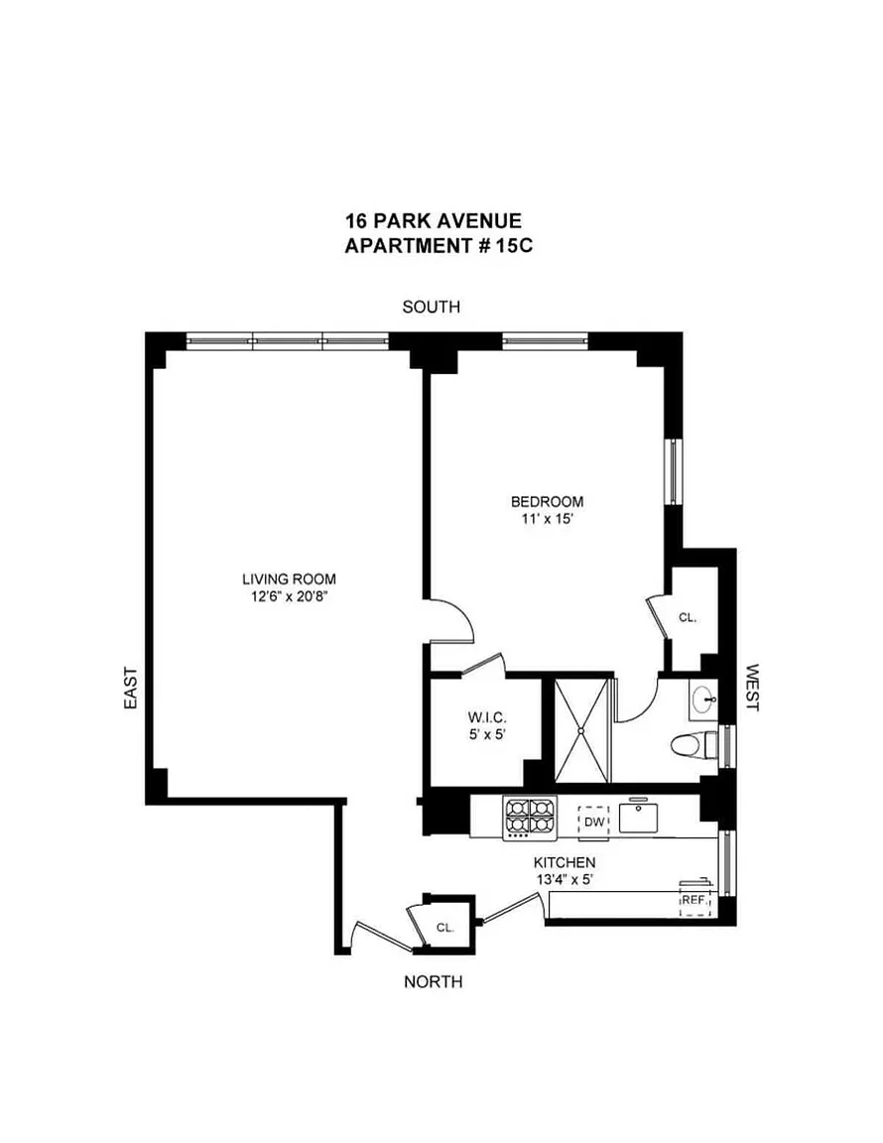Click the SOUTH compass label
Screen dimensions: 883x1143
pyautogui.click(x=431, y=307)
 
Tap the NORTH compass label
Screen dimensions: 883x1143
pyautogui.click(x=434, y=982)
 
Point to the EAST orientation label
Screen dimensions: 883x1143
pyautogui.click(x=131, y=689)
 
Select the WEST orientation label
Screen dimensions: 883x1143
pyautogui.click(x=752, y=688)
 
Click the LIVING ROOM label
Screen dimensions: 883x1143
pyautogui.click(x=290, y=579)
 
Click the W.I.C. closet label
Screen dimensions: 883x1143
pyautogui.click(x=487, y=718)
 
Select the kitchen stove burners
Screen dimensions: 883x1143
pyautogui.click(x=530, y=817)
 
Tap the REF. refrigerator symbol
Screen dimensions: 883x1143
pyautogui.click(x=694, y=900)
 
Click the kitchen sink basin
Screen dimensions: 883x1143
pyautogui.click(x=640, y=818)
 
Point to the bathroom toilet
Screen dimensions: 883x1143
pyautogui.click(x=694, y=746)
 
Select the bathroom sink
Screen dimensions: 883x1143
pyautogui.click(x=703, y=699)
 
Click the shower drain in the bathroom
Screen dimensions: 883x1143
pyautogui.click(x=581, y=729)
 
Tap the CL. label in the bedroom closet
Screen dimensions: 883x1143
pyautogui.click(x=688, y=617)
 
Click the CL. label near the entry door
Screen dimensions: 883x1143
pyautogui.click(x=444, y=928)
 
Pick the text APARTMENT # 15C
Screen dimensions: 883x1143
pyautogui.click(x=439, y=246)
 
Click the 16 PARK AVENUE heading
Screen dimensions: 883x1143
pyautogui.click(x=434, y=220)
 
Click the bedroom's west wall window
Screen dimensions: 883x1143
pyautogui.click(x=673, y=471)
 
